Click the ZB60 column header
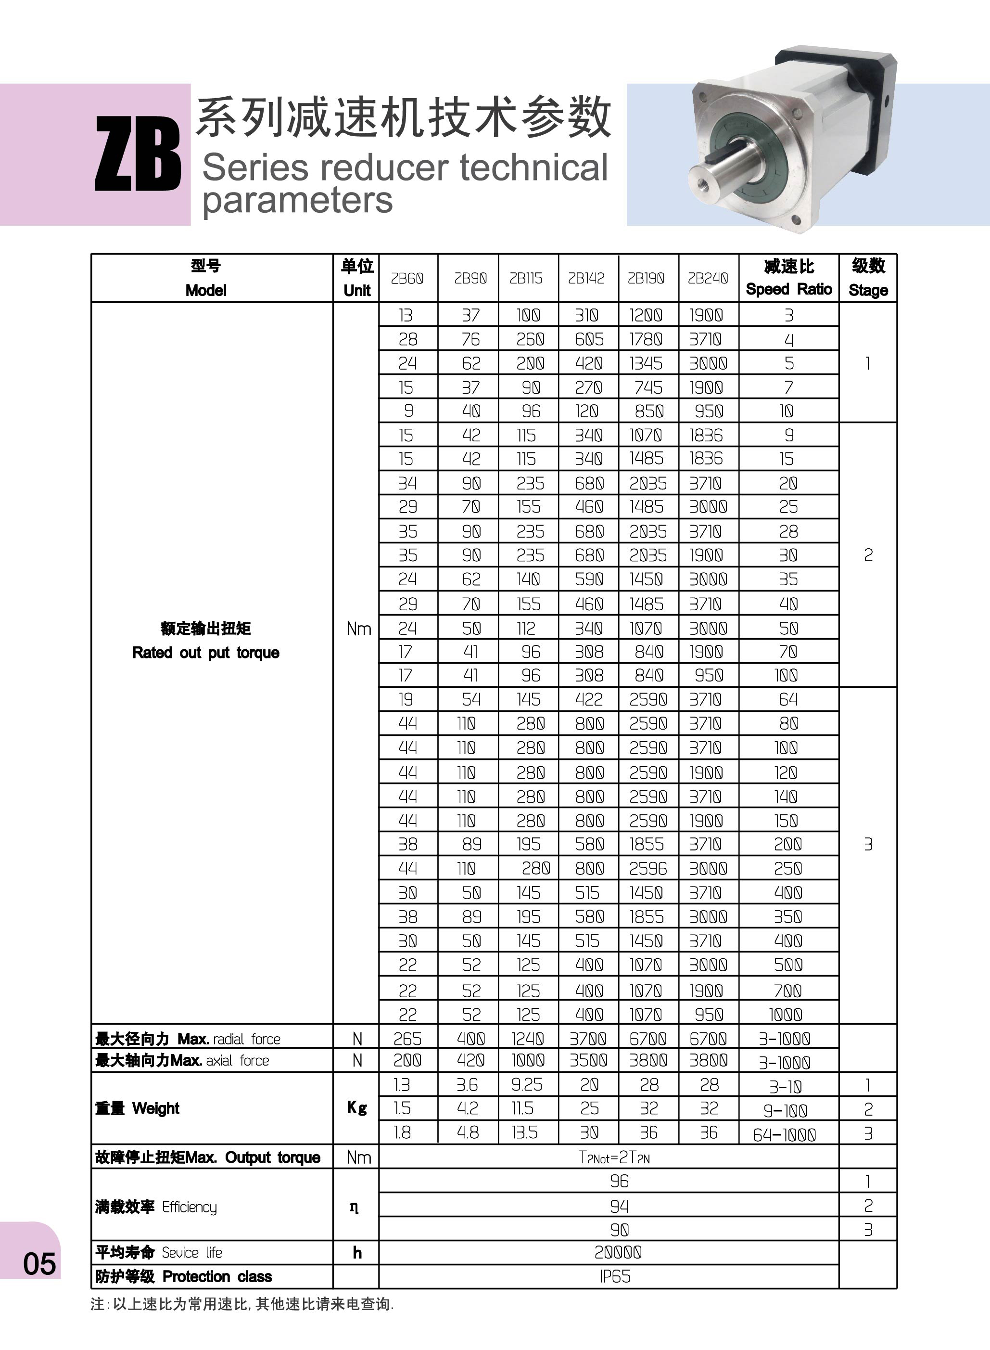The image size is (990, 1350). pyautogui.click(x=407, y=278)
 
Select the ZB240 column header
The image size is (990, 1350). pyautogui.click(x=708, y=278)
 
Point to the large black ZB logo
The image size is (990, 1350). pyautogui.click(x=138, y=154)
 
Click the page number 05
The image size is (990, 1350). pyautogui.click(x=39, y=1264)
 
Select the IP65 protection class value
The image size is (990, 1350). pyautogui.click(x=615, y=1276)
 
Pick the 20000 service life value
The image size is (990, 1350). pyautogui.click(x=618, y=1252)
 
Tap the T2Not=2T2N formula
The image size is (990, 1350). pyautogui.click(x=614, y=1157)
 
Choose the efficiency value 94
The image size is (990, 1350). pyautogui.click(x=619, y=1206)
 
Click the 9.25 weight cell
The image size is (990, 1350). pyautogui.click(x=527, y=1084)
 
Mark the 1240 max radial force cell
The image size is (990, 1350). pyautogui.click(x=527, y=1038)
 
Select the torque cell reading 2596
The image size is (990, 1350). pyautogui.click(x=648, y=868)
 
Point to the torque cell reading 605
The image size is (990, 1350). pyautogui.click(x=589, y=339)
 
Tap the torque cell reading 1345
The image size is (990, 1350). pyautogui.click(x=646, y=363)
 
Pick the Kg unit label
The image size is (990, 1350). pyautogui.click(x=356, y=1108)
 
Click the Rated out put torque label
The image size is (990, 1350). pyautogui.click(x=205, y=652)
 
